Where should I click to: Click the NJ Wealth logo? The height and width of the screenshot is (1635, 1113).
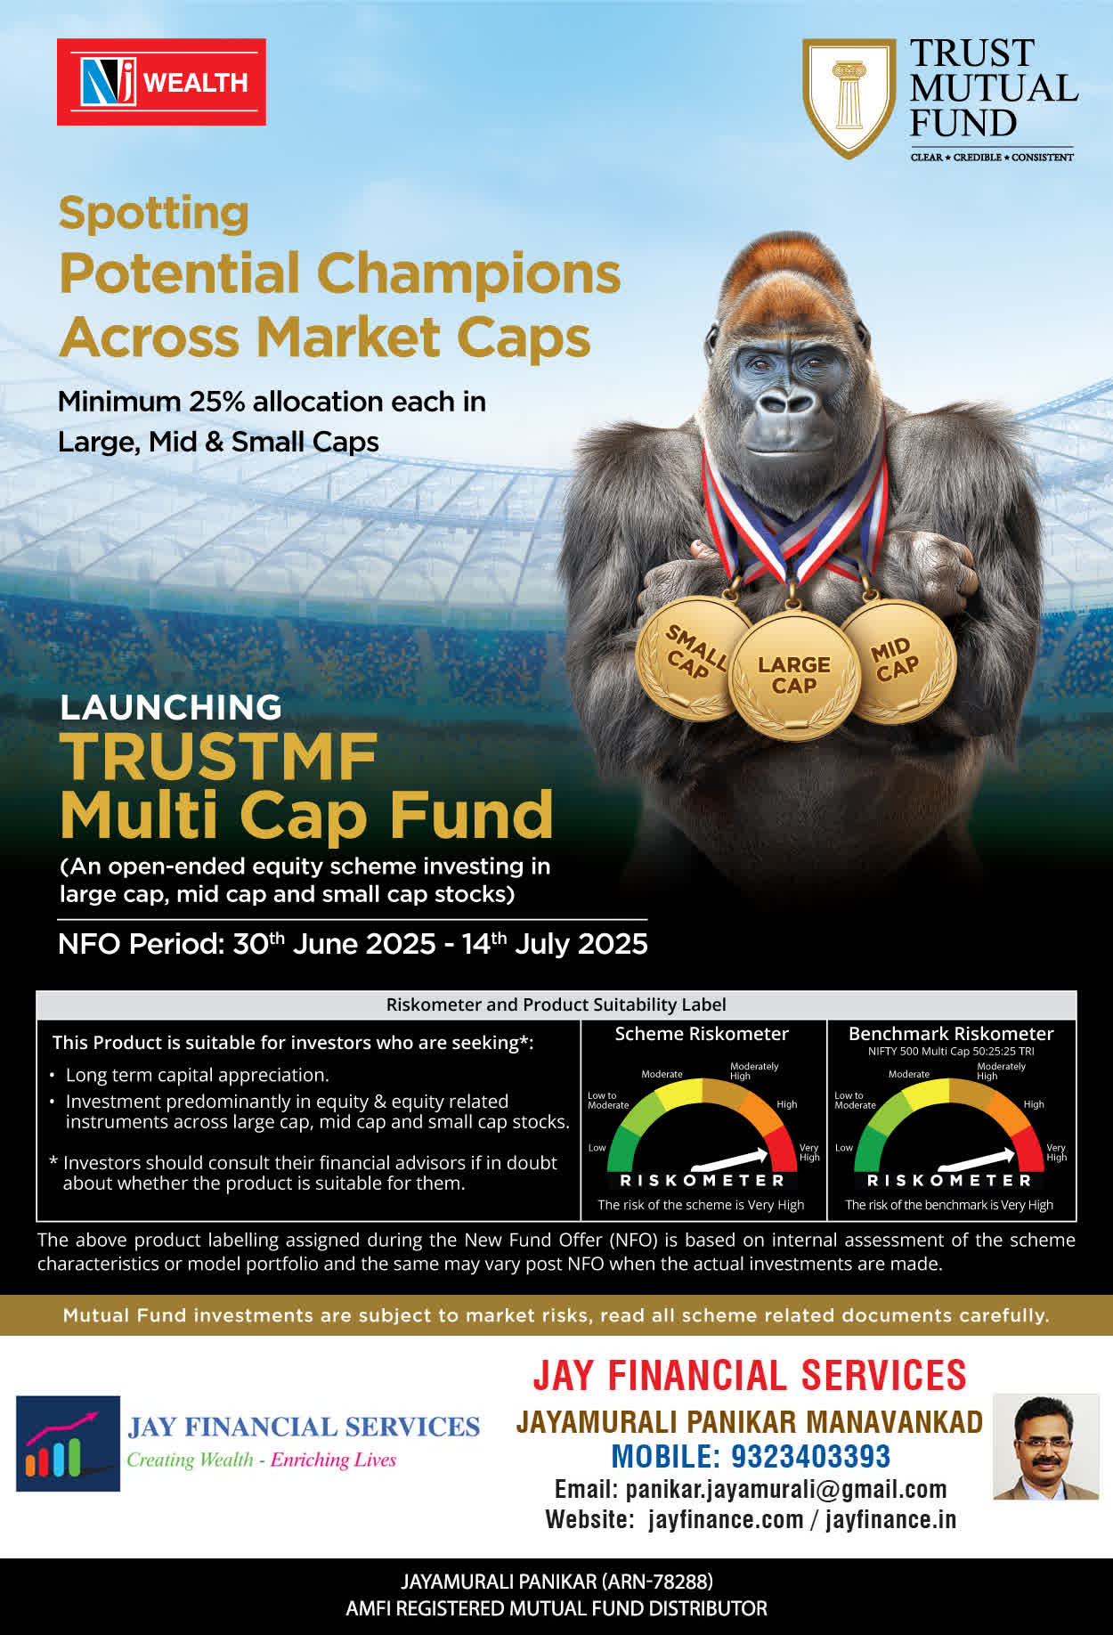coord(161,82)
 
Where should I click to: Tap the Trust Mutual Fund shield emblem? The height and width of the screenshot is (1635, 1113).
coord(849,98)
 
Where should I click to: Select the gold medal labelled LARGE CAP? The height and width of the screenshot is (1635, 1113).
coord(794,675)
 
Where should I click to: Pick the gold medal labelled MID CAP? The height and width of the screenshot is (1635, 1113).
coord(898,660)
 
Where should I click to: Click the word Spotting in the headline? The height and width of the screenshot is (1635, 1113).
coord(153,215)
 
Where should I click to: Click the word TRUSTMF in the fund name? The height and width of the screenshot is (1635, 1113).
coord(219,757)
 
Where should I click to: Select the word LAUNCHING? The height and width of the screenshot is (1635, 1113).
coord(171,707)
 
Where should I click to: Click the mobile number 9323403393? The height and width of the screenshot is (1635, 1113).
coord(810,1456)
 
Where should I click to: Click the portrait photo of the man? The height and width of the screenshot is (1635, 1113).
coord(1045,1447)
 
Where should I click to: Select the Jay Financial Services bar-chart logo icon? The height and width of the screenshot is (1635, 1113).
coord(68,1444)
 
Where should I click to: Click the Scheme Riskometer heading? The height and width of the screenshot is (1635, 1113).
coord(702,1034)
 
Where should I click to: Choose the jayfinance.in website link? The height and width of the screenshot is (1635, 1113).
coord(890,1520)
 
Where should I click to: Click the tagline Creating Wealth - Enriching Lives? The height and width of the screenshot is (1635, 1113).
coord(261,1460)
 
